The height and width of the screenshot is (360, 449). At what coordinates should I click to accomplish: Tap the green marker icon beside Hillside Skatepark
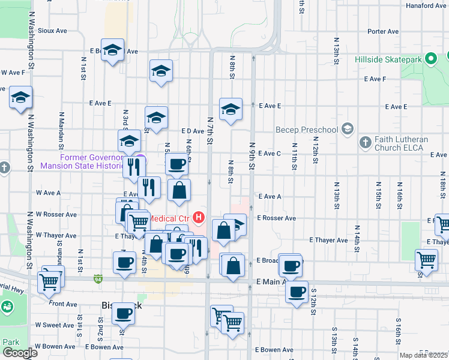pyautogui.click(x=430, y=59)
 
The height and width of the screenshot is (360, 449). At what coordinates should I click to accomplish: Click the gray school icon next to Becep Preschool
pyautogui.click(x=347, y=129)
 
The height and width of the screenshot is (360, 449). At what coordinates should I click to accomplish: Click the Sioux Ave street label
pyautogui.click(x=52, y=30)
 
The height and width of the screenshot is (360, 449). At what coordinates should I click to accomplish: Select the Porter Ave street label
pyautogui.click(x=383, y=31)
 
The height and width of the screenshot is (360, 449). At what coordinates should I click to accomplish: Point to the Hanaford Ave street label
pyautogui.click(x=426, y=5)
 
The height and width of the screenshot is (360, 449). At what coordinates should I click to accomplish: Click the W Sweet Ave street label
pyautogui.click(x=55, y=325)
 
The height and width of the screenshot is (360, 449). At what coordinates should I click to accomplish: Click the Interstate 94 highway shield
pyautogui.click(x=98, y=279)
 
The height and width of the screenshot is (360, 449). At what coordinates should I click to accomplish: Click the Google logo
pyautogui.click(x=20, y=353)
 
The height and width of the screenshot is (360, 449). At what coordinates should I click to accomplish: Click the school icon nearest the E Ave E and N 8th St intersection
pyautogui.click(x=231, y=110)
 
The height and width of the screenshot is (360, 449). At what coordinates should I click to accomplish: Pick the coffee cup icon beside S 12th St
pyautogui.click(x=296, y=292)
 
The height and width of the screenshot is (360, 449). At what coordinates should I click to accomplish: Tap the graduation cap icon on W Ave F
pyautogui.click(x=21, y=97)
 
